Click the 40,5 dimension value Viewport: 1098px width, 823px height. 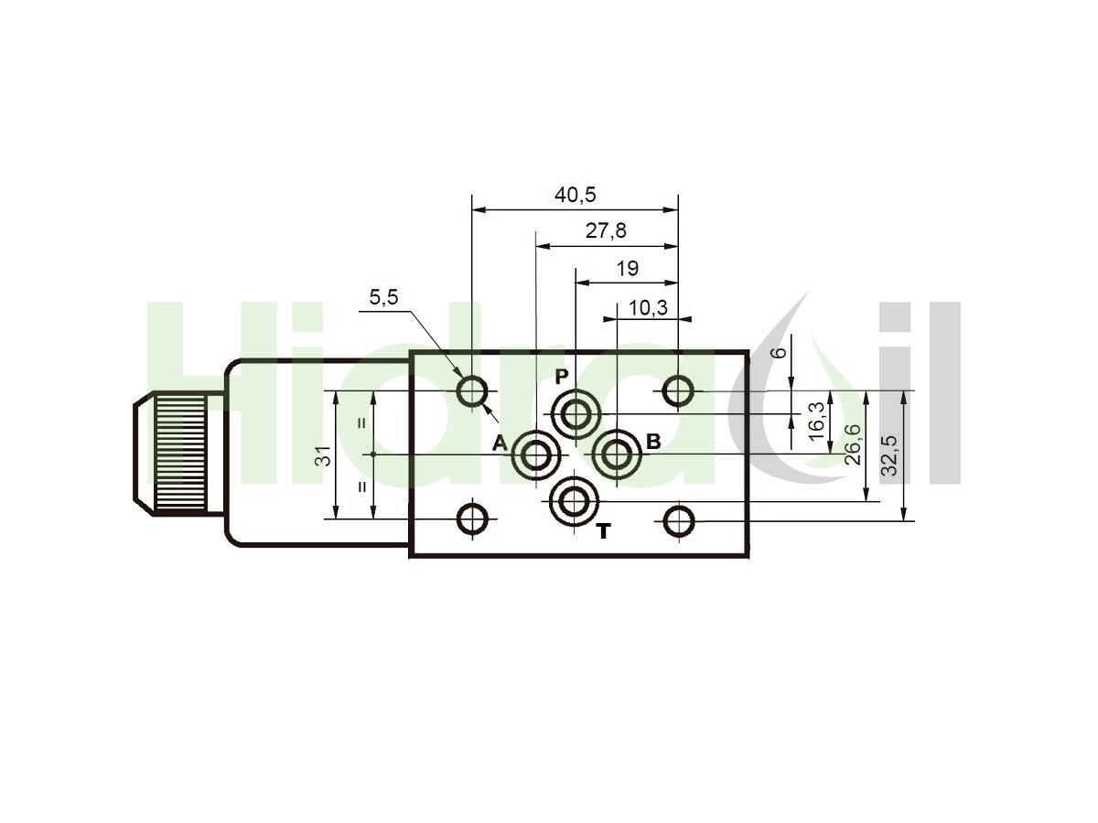click(575, 195)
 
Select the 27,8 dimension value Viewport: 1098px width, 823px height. click(606, 230)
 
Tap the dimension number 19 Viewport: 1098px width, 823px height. click(627, 269)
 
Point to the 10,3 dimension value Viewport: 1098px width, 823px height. click(647, 308)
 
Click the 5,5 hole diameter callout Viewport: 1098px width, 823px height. click(383, 297)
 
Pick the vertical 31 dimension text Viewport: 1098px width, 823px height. click(325, 455)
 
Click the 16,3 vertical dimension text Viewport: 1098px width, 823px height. click(816, 421)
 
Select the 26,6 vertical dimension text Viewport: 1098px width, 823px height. click(852, 444)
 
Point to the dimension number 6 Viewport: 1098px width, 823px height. click(779, 353)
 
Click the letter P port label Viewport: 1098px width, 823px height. click(562, 377)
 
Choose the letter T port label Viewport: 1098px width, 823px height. click(604, 531)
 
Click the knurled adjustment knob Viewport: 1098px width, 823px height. click(180, 453)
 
